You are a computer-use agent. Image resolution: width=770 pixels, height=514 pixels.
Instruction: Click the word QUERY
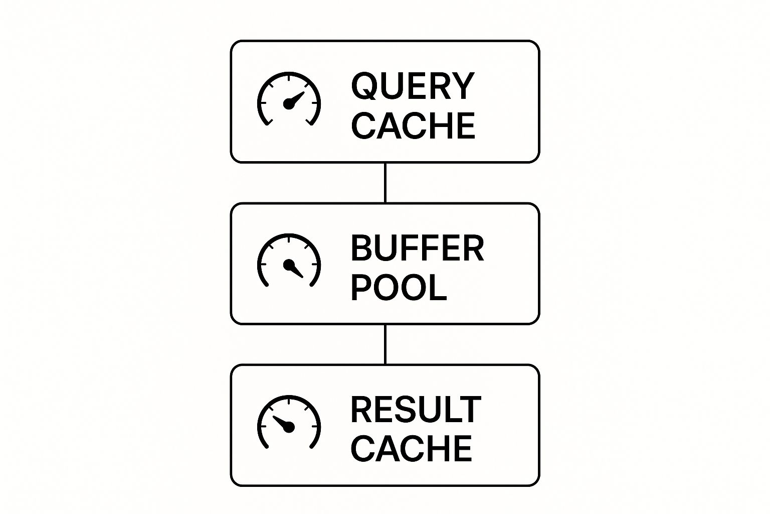point(413,86)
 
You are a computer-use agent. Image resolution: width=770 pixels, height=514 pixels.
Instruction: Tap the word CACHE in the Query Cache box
point(414,125)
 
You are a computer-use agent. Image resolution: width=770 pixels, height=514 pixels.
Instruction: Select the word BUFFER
point(417,248)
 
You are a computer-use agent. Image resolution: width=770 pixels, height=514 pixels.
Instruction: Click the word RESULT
point(416,410)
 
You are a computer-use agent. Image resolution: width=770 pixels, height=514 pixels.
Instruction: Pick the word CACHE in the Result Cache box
point(412,448)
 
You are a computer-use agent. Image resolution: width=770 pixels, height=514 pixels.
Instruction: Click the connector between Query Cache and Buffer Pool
point(385,183)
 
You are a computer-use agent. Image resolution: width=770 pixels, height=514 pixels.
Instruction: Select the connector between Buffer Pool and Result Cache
point(385,344)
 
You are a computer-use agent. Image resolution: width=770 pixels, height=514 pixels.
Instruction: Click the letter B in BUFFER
point(362,248)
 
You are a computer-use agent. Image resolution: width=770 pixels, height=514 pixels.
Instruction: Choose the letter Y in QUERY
point(463,86)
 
